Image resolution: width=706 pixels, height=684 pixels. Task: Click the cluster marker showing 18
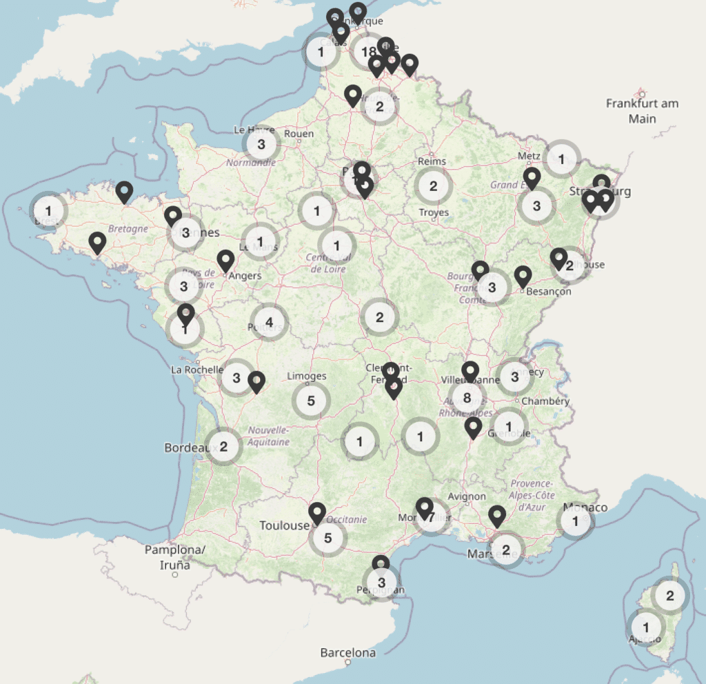click(x=368, y=51)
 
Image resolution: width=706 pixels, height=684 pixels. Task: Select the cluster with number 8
click(x=467, y=398)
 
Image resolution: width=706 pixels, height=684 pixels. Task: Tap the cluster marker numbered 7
click(x=432, y=517)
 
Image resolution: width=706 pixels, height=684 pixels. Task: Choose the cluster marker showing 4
click(x=269, y=322)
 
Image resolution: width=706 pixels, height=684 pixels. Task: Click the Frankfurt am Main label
click(x=642, y=110)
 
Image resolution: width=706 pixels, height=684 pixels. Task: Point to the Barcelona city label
click(x=348, y=652)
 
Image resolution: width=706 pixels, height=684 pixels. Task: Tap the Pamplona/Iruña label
click(x=175, y=557)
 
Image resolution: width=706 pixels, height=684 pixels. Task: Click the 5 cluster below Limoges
click(x=311, y=400)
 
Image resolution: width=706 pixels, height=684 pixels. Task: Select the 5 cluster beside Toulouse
click(x=327, y=538)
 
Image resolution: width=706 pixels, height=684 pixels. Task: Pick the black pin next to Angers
click(x=225, y=261)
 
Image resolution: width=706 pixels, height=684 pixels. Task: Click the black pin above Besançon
click(x=523, y=276)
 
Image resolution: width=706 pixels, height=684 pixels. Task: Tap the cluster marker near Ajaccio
click(x=646, y=627)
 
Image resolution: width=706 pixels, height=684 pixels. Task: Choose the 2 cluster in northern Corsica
click(x=670, y=594)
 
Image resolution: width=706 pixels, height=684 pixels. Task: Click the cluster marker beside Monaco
click(x=576, y=521)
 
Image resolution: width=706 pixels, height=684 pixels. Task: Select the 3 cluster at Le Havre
click(x=261, y=145)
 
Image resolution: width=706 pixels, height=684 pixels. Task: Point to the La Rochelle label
click(x=197, y=369)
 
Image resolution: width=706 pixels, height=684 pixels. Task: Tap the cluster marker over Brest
click(x=48, y=209)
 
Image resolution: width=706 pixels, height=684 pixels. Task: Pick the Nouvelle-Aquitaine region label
click(x=269, y=436)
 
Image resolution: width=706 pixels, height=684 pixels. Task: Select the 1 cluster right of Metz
click(x=561, y=159)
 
